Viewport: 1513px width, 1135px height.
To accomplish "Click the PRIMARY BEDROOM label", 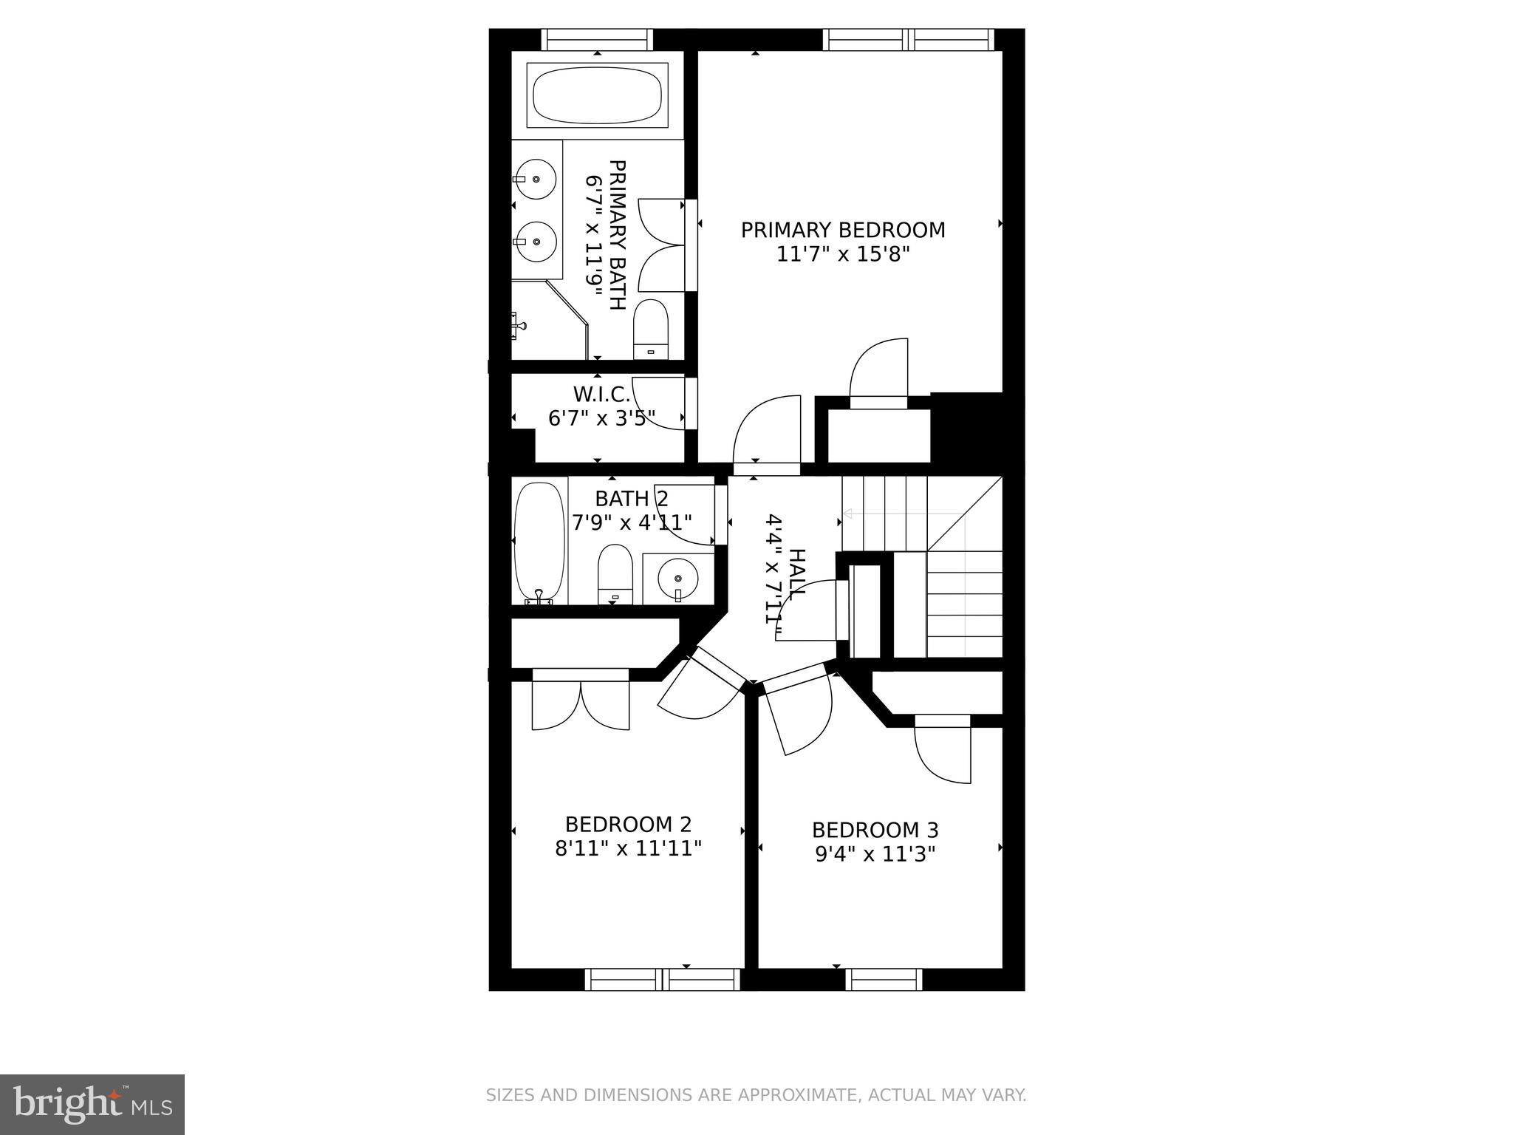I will click(x=843, y=230).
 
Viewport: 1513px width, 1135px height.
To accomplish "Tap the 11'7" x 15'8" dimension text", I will click(x=843, y=255).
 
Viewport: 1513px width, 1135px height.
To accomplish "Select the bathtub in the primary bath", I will click(x=597, y=96).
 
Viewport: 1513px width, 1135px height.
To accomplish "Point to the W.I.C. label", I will click(x=601, y=394).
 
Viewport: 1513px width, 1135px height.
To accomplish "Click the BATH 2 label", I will click(x=632, y=499).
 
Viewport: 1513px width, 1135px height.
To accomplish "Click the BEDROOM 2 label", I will click(x=628, y=824).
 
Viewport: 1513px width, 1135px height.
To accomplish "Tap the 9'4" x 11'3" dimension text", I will click(x=875, y=854).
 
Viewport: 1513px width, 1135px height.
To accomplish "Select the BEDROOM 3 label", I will click(x=875, y=830).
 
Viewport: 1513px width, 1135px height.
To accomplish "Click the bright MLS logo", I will click(x=92, y=1104).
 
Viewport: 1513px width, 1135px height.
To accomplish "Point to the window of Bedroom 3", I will click(x=884, y=979).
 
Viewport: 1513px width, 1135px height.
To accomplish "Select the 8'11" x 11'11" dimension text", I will click(x=628, y=848).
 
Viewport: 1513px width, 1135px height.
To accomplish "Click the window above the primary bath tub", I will click(x=597, y=39).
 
